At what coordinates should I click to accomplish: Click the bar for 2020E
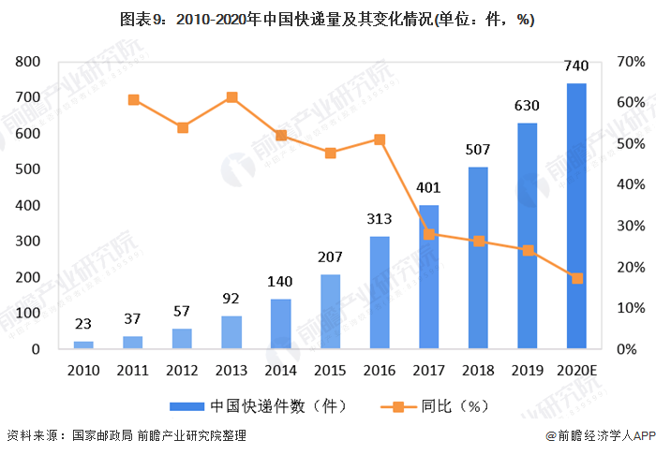pyautogui.click(x=577, y=216)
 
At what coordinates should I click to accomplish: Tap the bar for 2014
pyautogui.click(x=280, y=324)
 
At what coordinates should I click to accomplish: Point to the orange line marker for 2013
pyautogui.click(x=231, y=97)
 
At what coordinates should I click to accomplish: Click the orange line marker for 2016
pyautogui.click(x=380, y=139)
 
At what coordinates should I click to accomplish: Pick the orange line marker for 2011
pyautogui.click(x=133, y=99)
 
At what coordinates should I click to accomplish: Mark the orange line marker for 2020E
pyautogui.click(x=577, y=278)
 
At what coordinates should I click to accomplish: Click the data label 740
pyautogui.click(x=577, y=66)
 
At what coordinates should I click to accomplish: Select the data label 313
pyautogui.click(x=380, y=219)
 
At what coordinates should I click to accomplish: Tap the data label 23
pyautogui.click(x=83, y=324)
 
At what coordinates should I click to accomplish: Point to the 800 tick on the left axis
pyautogui.click(x=28, y=62)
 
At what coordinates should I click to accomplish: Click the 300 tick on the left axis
pyautogui.click(x=28, y=242)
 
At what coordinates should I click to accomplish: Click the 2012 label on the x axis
pyautogui.click(x=182, y=369)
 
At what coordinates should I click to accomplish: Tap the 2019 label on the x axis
pyautogui.click(x=528, y=369)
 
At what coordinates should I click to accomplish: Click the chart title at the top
pyautogui.click(x=328, y=20)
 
